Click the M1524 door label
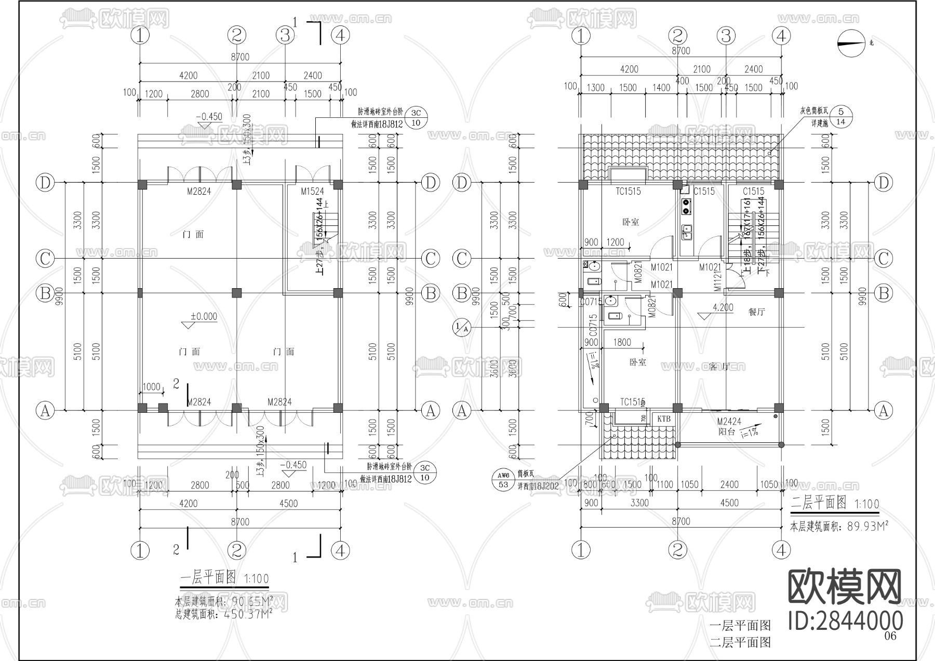(312, 192)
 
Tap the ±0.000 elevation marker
(204, 317)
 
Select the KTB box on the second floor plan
(664, 419)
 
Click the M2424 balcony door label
(729, 422)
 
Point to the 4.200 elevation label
(723, 307)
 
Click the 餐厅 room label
(757, 312)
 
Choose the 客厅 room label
(719, 367)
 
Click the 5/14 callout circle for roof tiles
(842, 117)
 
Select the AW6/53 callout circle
(503, 480)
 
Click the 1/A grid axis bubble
(461, 327)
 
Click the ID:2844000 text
(845, 621)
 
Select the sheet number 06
(890, 636)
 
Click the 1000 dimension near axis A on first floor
(151, 387)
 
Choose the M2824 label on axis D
(199, 192)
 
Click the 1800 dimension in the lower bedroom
(622, 342)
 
